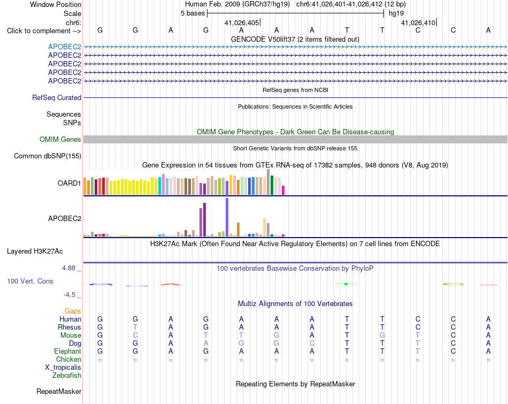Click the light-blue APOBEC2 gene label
pos(65,47)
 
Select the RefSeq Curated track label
pos(57,97)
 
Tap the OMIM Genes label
pos(60,140)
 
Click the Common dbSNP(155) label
pos(48,156)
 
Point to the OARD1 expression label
pos(70,183)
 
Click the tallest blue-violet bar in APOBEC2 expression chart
pos(227,217)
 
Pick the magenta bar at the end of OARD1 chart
pos(283,190)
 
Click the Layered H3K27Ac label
pos(35,251)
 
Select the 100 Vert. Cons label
pos(30,281)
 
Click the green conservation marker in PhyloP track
pos(346,284)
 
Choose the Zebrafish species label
pos(67,376)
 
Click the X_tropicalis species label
pos(63,368)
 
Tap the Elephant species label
pos(68,351)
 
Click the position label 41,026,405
pos(242,22)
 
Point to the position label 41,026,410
pos(418,22)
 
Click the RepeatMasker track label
pos(59,391)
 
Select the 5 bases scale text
pos(193,13)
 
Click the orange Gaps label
pos(73,311)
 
